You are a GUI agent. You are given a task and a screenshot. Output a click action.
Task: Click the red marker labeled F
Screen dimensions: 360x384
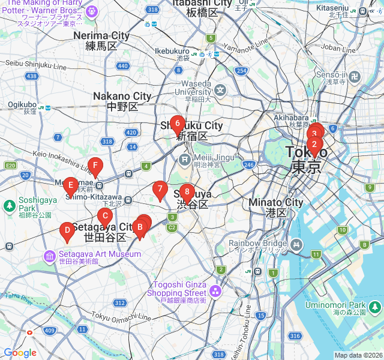(x=94, y=166)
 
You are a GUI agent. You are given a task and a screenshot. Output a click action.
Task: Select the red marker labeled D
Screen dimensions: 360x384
(x=67, y=230)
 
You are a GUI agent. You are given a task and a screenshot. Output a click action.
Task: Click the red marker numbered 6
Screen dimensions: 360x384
(x=176, y=125)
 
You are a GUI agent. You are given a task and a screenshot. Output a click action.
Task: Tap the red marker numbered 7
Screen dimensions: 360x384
(x=160, y=190)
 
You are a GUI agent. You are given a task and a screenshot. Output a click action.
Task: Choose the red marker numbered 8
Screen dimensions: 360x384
(x=187, y=193)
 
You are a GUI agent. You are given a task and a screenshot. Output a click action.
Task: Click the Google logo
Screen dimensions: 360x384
(x=20, y=353)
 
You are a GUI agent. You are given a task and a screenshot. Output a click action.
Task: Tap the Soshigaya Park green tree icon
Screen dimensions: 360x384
(x=10, y=206)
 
